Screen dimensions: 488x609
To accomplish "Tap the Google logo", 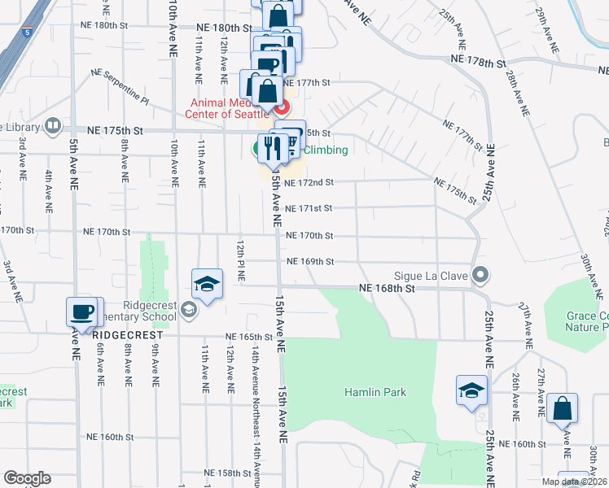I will pos(27,478).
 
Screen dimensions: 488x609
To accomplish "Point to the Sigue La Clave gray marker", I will pos(481,276).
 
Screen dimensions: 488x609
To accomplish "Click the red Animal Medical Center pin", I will pos(282,107).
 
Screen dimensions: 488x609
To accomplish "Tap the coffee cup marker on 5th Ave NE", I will pos(82,311).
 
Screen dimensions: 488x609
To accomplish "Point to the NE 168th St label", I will pos(388,288).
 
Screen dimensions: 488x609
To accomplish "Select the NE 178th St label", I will pos(480,61).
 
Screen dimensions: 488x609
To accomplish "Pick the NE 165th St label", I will pos(249,336).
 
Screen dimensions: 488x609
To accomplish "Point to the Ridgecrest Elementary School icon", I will pos(189,308).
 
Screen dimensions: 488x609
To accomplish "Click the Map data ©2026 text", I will pos(574,481).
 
